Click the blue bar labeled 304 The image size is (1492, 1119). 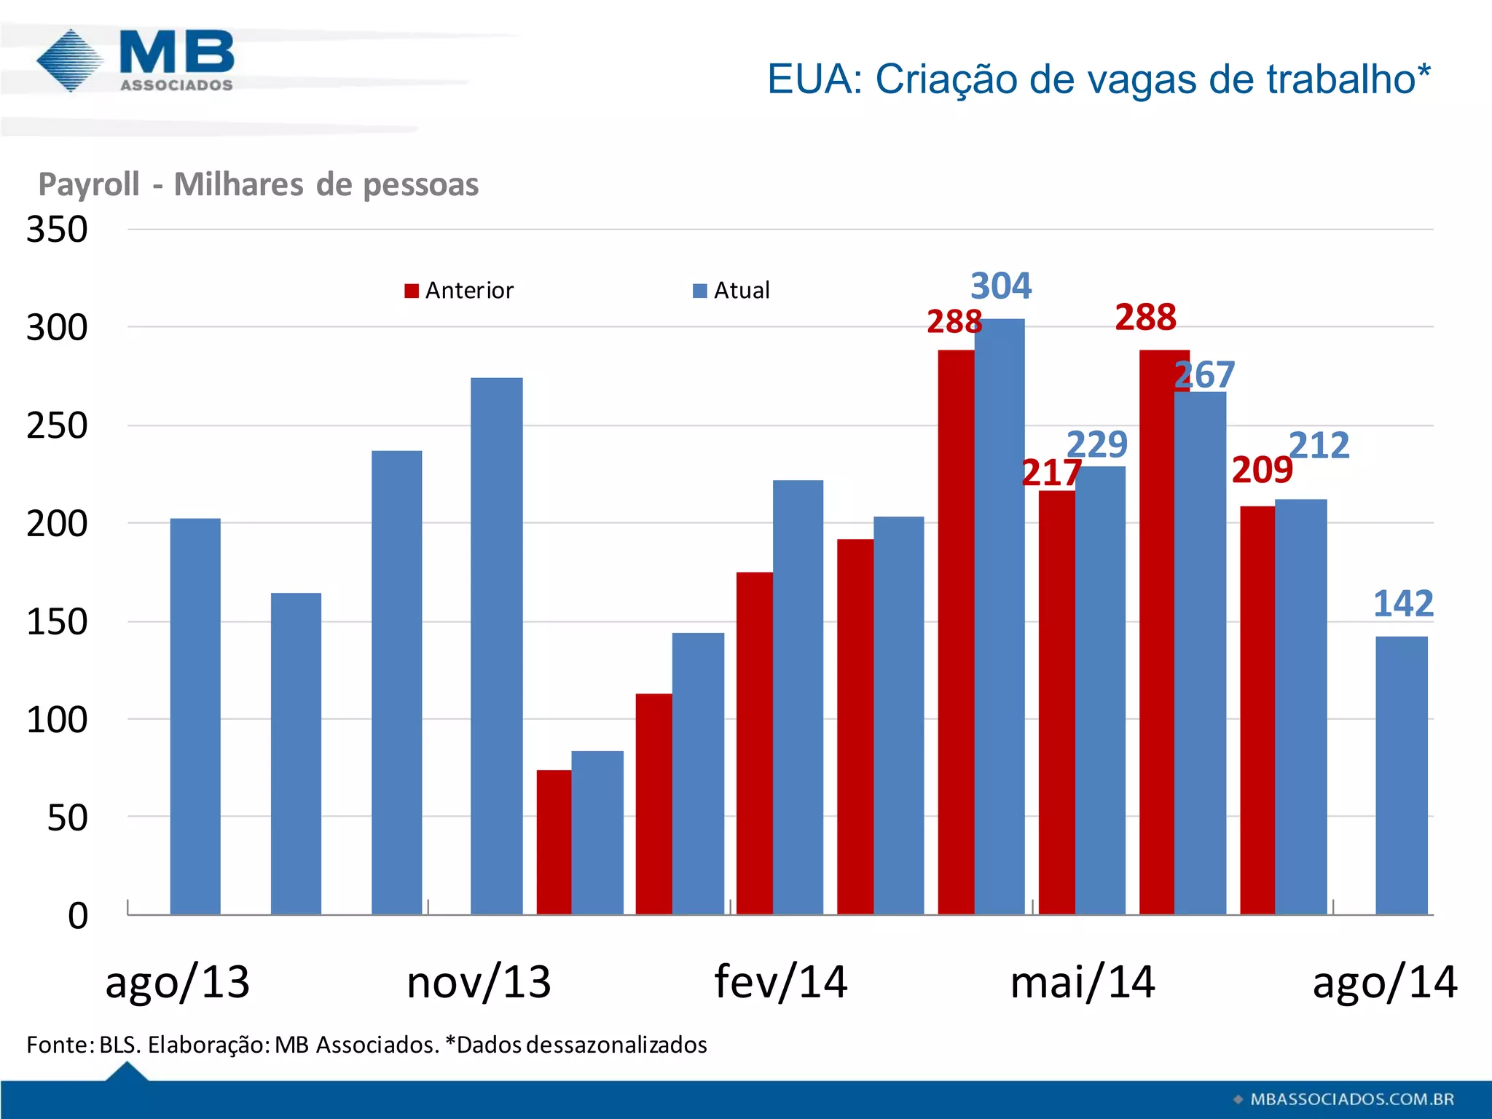point(1000,616)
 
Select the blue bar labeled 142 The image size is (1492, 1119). point(1401,775)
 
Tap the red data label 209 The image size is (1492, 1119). point(1262,471)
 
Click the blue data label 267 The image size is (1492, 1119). point(1204,375)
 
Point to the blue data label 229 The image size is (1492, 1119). point(1096,444)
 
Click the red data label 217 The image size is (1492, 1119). point(1051,474)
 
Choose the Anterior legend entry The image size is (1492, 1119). point(460,291)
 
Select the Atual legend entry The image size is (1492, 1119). point(731,291)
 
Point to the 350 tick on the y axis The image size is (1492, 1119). point(57,229)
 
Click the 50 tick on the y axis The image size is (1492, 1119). point(67,817)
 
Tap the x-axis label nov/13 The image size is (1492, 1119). point(479,982)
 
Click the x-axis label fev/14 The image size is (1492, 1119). point(780,982)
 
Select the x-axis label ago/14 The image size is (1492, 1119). point(1384,982)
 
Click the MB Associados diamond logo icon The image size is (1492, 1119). point(70,61)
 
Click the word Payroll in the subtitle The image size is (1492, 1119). point(88,184)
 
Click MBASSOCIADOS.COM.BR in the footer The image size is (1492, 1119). point(1351,1099)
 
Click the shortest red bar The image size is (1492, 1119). point(554,841)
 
